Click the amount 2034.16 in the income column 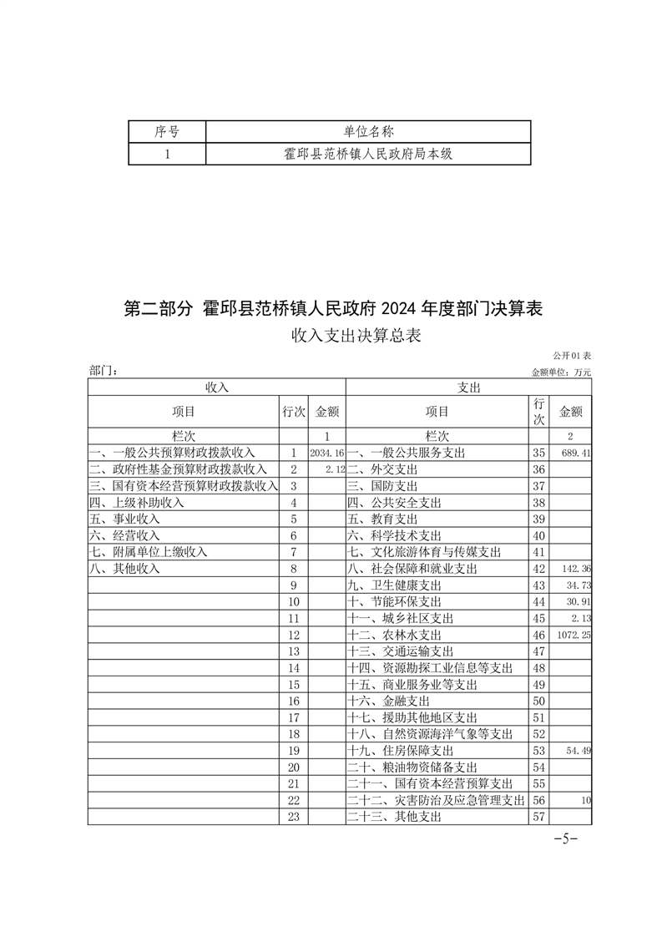326,453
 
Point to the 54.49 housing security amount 578,751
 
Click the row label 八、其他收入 124,569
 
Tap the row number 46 538,635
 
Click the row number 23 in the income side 292,817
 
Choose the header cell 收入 216,387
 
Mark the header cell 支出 468,387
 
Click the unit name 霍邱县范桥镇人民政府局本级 368,154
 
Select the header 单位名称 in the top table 368,131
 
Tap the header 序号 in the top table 167,131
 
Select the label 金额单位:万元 561,372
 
